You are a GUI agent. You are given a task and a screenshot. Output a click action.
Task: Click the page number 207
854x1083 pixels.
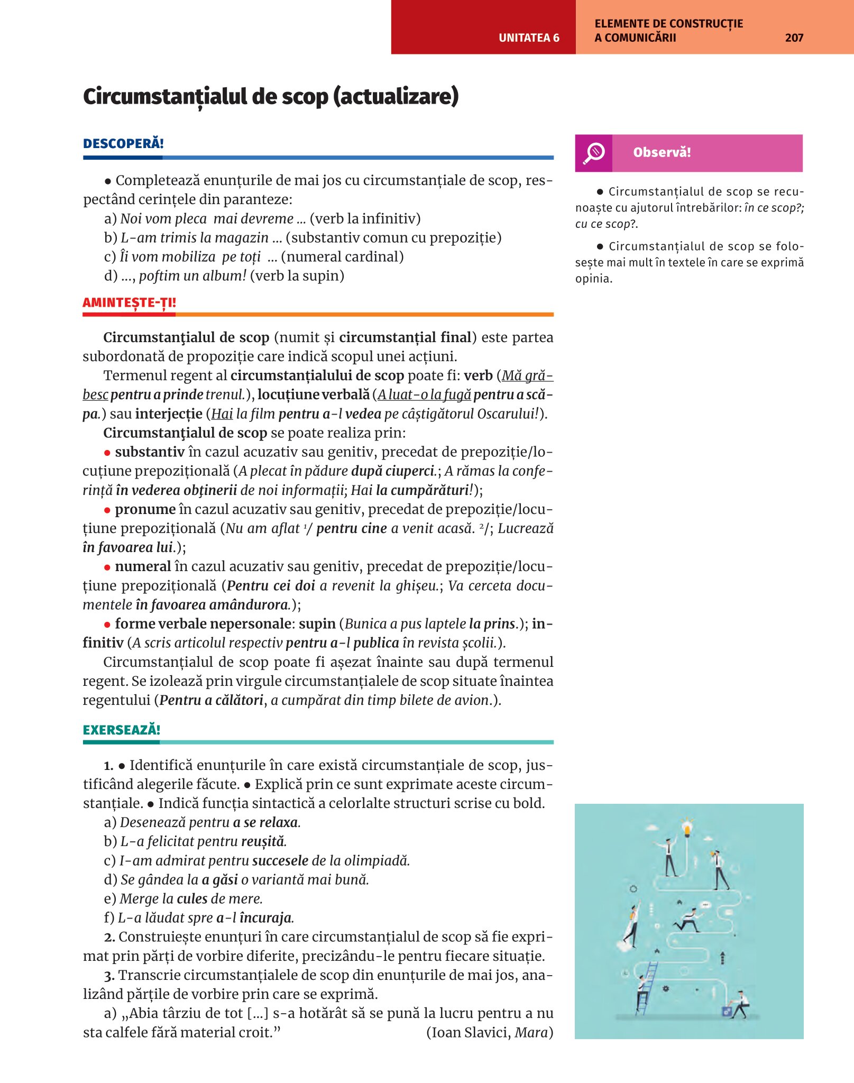coord(794,38)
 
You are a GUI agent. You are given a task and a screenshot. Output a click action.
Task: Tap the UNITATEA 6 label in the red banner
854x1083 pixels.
coord(529,38)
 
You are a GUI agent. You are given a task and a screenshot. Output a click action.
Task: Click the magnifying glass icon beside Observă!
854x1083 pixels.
coord(594,153)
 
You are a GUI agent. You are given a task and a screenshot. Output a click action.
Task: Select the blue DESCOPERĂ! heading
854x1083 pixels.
coord(123,143)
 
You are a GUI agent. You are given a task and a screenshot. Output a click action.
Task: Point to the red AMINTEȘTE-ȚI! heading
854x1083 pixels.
coord(129,302)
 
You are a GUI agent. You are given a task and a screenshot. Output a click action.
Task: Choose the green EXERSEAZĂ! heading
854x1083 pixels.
coord(122,730)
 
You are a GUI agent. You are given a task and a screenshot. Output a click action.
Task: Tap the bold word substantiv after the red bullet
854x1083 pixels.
coord(150,452)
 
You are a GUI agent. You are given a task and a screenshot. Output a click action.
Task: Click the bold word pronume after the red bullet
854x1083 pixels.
coord(145,509)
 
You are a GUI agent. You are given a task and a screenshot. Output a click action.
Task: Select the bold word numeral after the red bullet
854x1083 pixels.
coord(143,566)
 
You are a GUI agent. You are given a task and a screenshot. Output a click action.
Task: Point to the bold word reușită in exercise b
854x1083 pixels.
coord(263,841)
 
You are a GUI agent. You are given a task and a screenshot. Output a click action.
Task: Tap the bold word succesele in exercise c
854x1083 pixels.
coord(280,860)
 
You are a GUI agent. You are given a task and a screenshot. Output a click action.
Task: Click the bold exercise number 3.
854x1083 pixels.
coord(109,976)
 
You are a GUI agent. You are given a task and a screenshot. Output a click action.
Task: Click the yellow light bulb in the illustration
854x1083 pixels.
coord(687,828)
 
